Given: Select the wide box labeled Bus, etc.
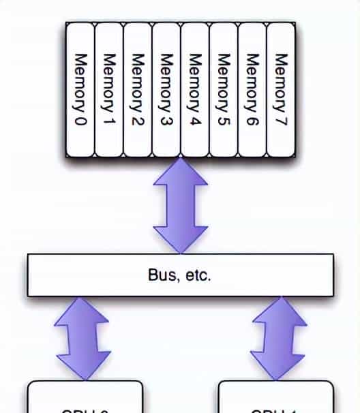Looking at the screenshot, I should click(180, 275).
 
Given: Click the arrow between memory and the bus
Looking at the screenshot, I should click(180, 205).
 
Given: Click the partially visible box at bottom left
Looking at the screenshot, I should click(85, 398).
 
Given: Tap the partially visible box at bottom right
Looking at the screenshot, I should click(276, 398).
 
